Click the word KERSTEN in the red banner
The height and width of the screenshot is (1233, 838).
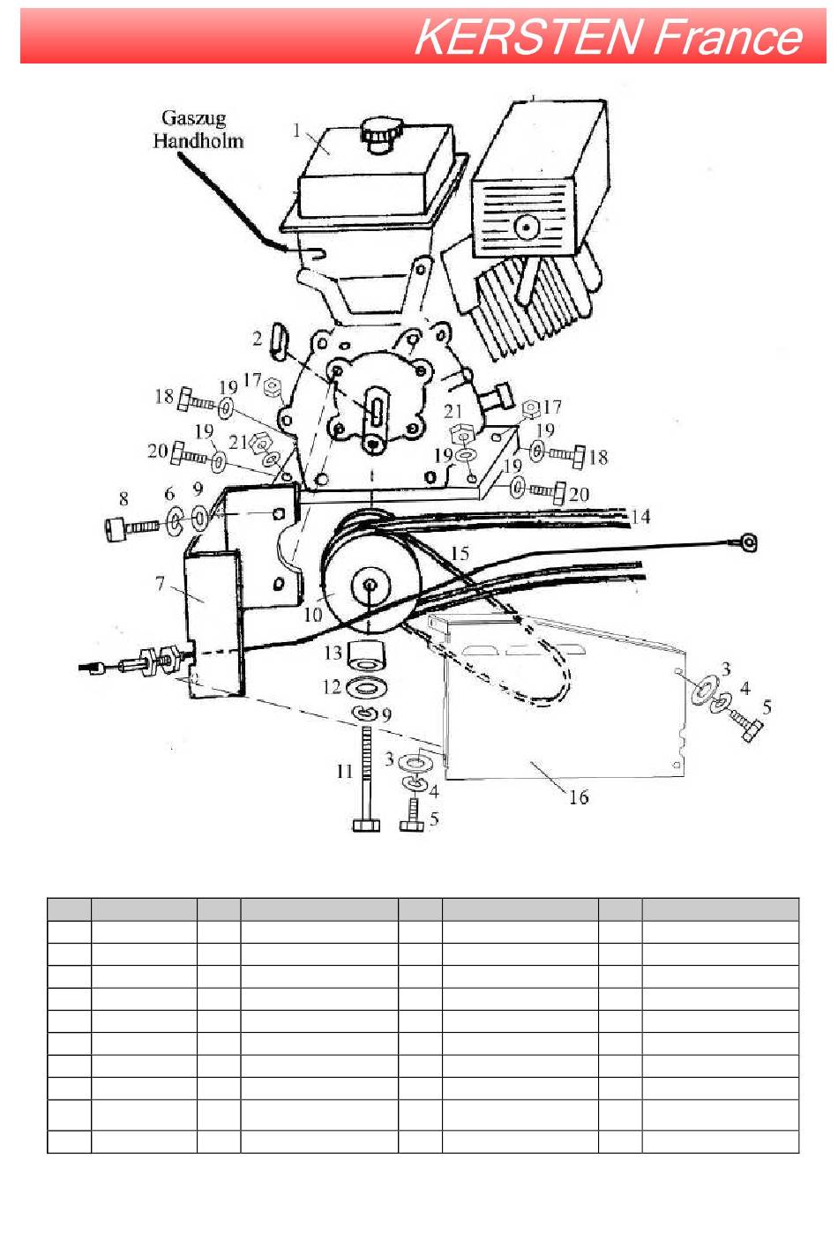tap(528, 37)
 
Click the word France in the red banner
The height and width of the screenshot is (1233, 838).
tap(729, 37)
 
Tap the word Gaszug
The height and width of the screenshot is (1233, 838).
tap(194, 119)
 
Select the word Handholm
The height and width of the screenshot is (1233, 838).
tap(198, 141)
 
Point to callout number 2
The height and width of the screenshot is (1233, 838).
tap(258, 338)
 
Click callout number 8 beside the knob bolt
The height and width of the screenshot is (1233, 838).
tap(123, 498)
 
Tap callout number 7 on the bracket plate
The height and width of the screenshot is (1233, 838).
tap(161, 582)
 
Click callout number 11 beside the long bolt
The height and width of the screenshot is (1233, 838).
tap(345, 771)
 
